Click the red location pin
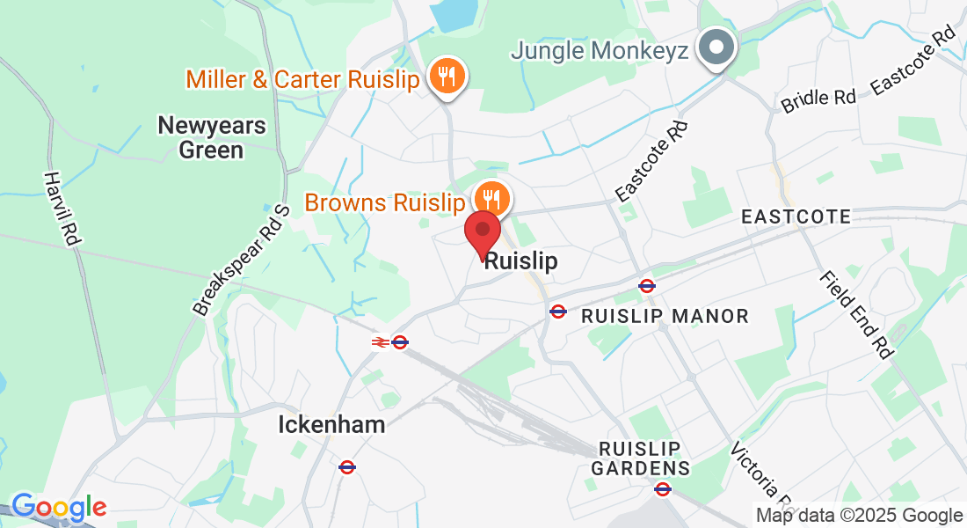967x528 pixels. [483, 232]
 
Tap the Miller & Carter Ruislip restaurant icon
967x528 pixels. [447, 77]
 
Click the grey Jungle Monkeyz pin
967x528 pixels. [716, 48]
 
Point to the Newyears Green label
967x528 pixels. [211, 137]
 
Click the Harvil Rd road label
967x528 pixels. [60, 208]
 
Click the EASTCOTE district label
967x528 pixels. [796, 216]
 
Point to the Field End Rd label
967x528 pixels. [855, 313]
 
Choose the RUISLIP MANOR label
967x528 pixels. [665, 316]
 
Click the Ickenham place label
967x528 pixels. [331, 425]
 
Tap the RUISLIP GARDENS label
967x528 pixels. [640, 458]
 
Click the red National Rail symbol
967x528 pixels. [380, 341]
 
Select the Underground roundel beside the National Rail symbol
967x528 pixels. [400, 341]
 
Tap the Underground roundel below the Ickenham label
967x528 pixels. [347, 466]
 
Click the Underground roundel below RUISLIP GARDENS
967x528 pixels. [663, 488]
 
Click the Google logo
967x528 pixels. [59, 507]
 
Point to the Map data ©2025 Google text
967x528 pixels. [859, 516]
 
